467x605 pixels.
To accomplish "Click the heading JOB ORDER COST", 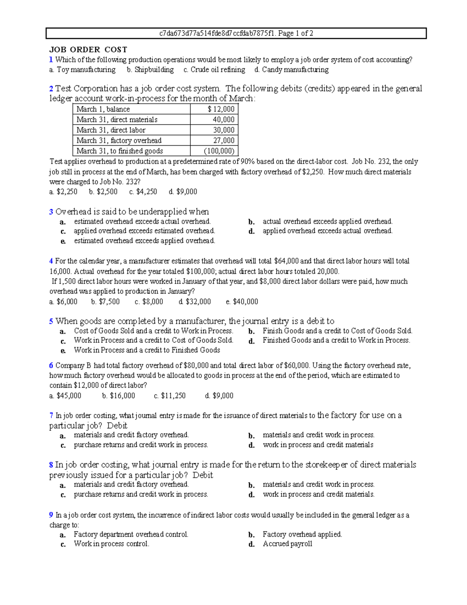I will point(88,49).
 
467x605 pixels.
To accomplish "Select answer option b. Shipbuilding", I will point(150,70).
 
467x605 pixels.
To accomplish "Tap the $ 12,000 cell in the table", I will point(221,109).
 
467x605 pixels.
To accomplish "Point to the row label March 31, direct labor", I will point(111,130).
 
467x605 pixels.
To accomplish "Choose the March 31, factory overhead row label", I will point(119,141).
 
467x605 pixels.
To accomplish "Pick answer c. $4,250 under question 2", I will point(143,192).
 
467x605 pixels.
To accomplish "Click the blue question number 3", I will point(51,212).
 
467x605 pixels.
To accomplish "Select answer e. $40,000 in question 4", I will point(242,302).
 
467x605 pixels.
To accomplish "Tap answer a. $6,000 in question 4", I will point(63,302).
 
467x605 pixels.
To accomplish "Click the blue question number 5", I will point(51,321).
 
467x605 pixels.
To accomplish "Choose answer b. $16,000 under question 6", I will point(118,396).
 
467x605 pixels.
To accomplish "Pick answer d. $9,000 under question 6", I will point(219,396).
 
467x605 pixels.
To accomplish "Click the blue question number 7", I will point(51,416).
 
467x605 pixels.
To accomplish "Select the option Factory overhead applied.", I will point(302,534).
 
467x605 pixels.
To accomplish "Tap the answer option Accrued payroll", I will point(287,544).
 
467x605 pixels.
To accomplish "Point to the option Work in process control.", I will point(111,544).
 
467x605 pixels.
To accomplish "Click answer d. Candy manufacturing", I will point(291,70).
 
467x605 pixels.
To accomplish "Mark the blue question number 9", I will point(51,515).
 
